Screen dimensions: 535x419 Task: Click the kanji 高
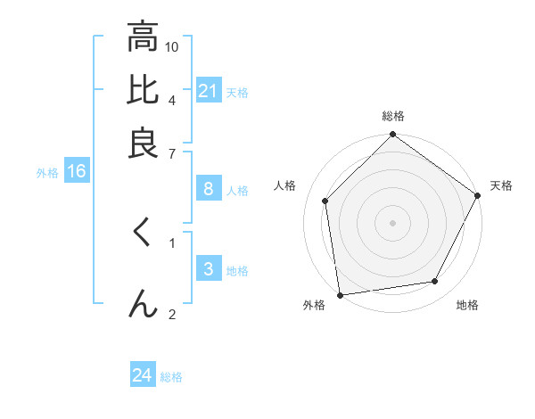pos(142,37)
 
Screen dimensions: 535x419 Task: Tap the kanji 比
pos(142,90)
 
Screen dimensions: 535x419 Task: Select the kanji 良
pos(142,143)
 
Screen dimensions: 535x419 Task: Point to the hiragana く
pos(142,234)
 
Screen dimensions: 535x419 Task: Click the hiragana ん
pos(142,303)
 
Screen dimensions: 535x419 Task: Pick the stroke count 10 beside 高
pos(172,46)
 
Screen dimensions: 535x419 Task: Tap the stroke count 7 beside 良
pos(172,152)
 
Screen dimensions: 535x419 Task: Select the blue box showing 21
pos(208,91)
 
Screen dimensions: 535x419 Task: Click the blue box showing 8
pos(208,189)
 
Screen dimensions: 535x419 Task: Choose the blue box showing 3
pos(208,269)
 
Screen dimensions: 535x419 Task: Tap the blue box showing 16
pos(76,172)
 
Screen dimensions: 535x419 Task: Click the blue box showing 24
pos(142,375)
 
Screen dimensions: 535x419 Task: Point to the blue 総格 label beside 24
pos(171,377)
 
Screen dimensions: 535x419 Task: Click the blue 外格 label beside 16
pos(47,173)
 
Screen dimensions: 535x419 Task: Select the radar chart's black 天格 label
pos(501,185)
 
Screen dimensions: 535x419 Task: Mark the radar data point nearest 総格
pos(392,136)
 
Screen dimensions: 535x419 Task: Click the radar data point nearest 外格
pos(341,295)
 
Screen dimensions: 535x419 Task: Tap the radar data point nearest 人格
pos(325,201)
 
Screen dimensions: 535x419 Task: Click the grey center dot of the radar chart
pos(392,222)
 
